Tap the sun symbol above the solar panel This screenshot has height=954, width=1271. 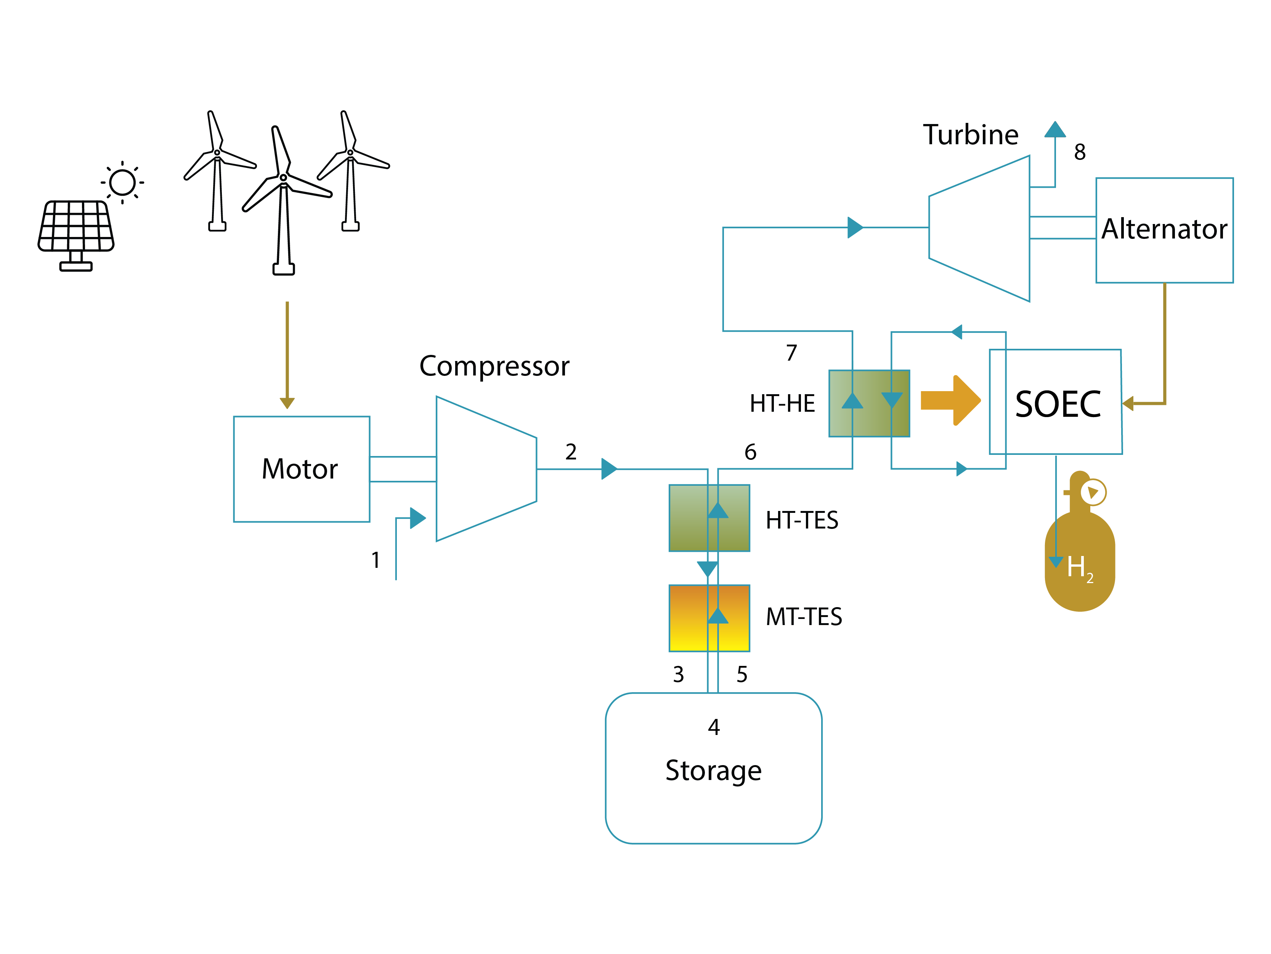click(122, 183)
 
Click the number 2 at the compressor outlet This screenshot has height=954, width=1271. click(571, 452)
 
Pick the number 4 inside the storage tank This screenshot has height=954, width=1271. click(714, 727)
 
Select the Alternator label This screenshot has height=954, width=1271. click(1164, 229)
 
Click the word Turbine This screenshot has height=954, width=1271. click(971, 135)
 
